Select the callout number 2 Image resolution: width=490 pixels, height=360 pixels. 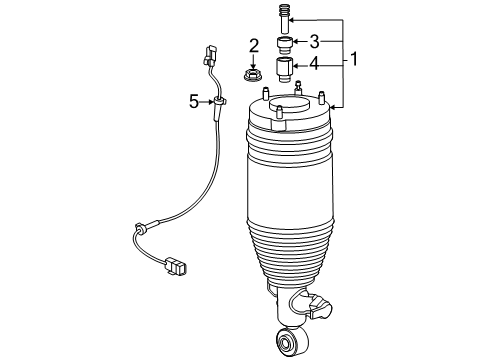pos(255,45)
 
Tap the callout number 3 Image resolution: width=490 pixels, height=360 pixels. pos(314,41)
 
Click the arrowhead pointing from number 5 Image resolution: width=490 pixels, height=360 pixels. pos(213,100)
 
